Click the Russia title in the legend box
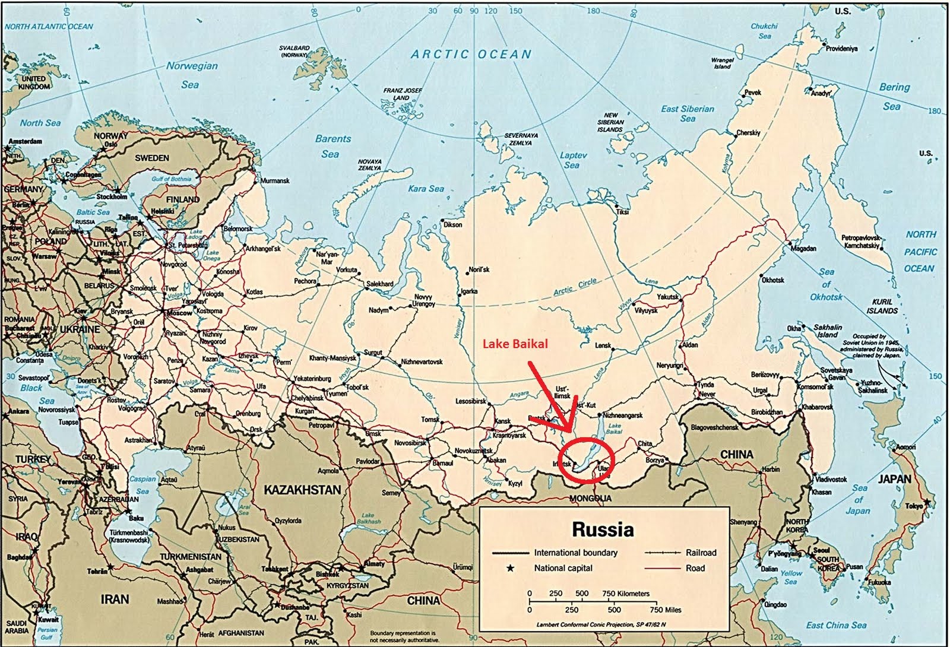coord(603,529)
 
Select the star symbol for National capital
coord(509,568)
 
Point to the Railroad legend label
coord(701,553)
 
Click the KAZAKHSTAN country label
coord(302,490)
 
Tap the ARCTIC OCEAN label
coord(471,55)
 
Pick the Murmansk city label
coord(275,180)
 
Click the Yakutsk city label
coord(667,297)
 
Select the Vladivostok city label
coord(831,479)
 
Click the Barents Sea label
coord(332,146)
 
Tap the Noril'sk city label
coord(479,269)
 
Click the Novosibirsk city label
coord(410,443)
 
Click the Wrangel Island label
coord(722,63)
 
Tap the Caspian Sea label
coord(142,484)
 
